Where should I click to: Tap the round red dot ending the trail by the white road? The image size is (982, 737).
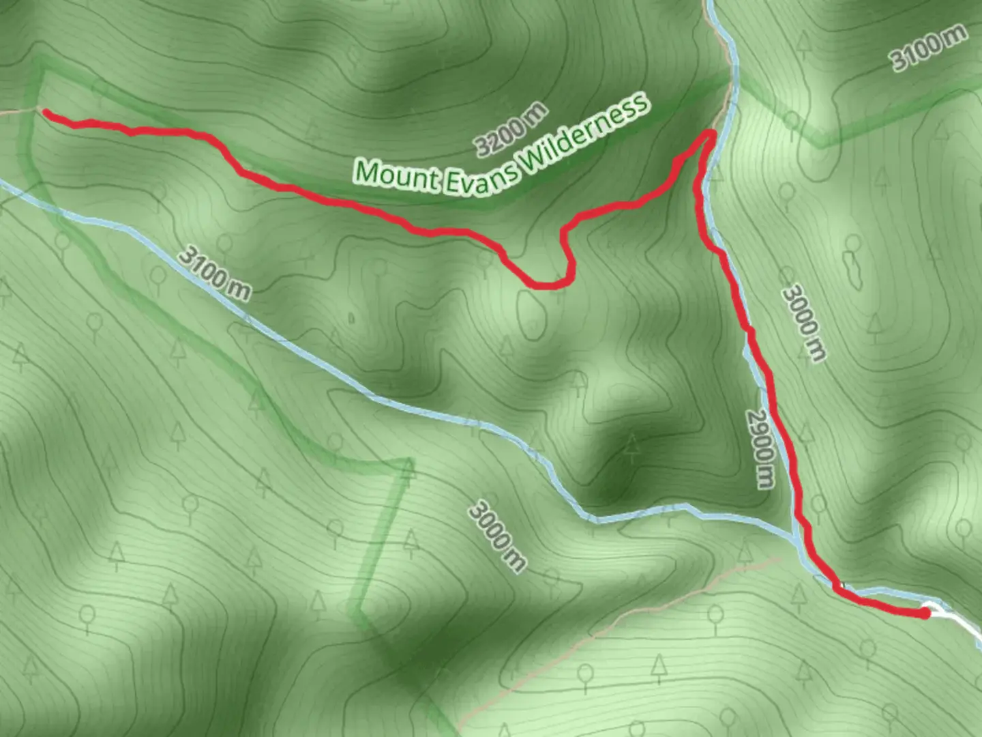[925, 613]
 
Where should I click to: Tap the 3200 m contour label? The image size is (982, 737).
[511, 128]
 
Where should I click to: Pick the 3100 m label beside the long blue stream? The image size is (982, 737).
[214, 274]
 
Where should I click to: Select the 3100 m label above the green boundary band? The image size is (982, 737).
[929, 46]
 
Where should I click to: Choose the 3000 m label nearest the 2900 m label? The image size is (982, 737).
[804, 323]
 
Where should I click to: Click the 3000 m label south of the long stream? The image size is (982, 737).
[497, 536]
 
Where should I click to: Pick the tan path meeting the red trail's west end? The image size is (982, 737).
[17, 111]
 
